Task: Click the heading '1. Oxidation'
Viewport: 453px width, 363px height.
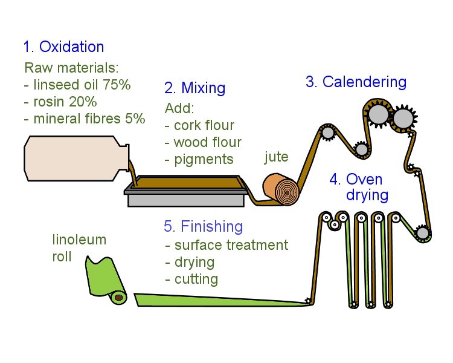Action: [x=63, y=47]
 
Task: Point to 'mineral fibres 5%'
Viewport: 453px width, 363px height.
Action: [x=85, y=118]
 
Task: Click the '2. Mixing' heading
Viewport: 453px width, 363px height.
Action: [x=194, y=88]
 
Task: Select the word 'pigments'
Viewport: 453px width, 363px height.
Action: [x=199, y=160]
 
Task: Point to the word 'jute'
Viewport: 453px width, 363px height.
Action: [x=277, y=158]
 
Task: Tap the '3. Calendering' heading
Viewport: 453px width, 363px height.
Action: [x=356, y=82]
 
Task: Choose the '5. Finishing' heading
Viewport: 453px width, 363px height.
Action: [x=203, y=227]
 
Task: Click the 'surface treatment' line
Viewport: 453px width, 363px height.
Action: [x=226, y=245]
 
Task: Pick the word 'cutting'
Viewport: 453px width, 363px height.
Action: [x=191, y=279]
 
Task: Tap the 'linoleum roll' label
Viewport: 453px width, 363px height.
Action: [x=79, y=248]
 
